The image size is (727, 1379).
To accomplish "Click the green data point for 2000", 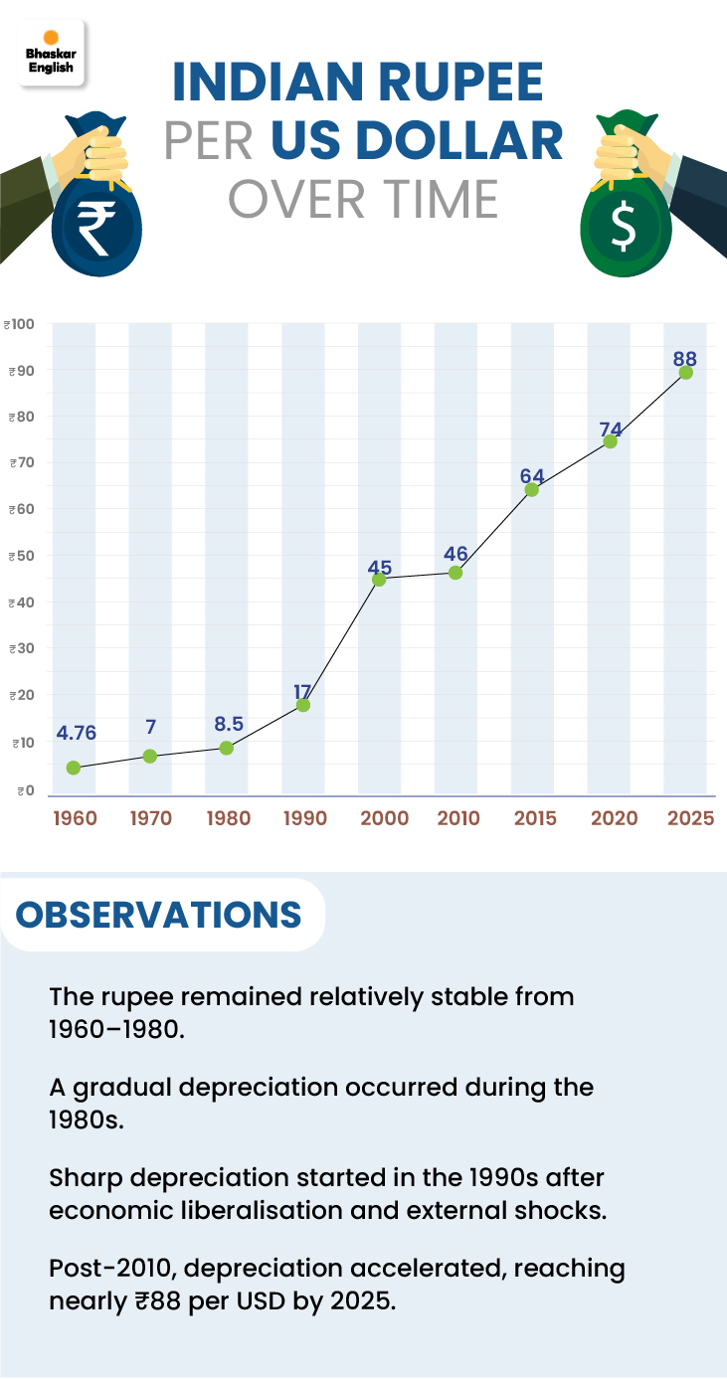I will pos(379,579).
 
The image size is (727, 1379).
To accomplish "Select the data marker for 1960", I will pos(74,768).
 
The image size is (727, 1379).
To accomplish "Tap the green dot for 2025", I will pos(685,373).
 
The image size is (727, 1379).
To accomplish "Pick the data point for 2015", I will pos(532,489).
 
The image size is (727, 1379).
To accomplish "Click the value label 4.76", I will pos(77,734).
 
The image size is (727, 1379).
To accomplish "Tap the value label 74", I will pos(611,430).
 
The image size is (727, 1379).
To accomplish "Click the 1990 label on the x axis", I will pos(303,818).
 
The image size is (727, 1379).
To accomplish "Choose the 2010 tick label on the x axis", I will pos(456,818).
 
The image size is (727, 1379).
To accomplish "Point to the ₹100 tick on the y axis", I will pos(19,324).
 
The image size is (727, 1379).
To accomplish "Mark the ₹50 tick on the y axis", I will pos(19,556).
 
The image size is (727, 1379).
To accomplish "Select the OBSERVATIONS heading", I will pos(159,915).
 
